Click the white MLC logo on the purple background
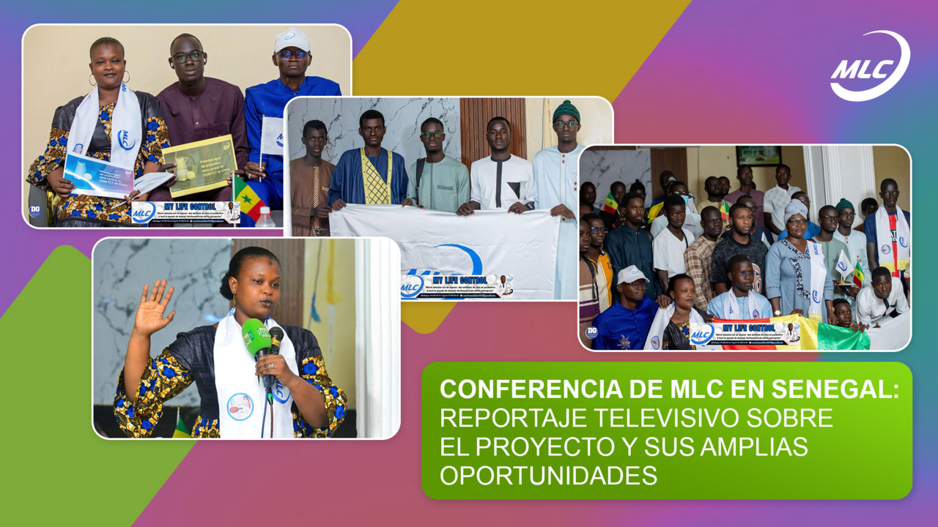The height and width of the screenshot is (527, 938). point(870,66)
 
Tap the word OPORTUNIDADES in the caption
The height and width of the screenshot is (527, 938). point(548,475)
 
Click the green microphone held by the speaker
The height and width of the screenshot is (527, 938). point(256,338)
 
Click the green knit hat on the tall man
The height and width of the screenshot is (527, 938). point(566,111)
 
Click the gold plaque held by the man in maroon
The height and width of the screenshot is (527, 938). point(199,164)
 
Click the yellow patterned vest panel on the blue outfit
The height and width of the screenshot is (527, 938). point(376,178)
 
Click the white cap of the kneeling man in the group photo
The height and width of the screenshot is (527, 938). point(633,274)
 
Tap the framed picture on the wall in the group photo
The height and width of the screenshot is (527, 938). point(758,154)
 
